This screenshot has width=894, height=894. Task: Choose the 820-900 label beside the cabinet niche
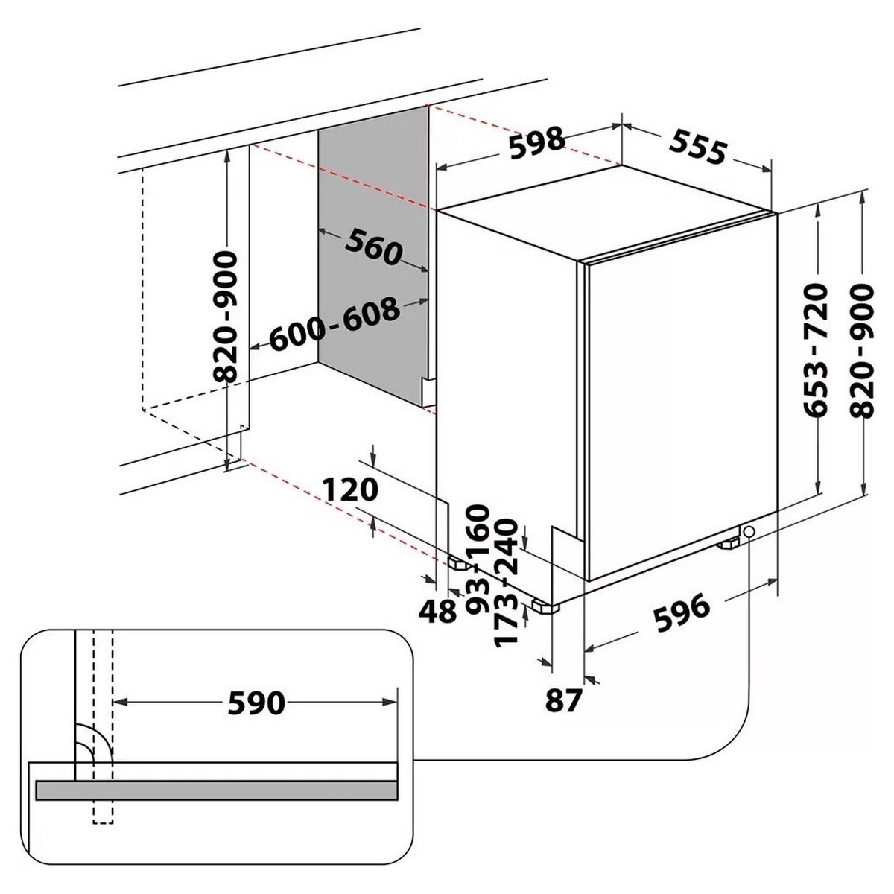click(224, 317)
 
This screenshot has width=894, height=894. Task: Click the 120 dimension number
click(351, 490)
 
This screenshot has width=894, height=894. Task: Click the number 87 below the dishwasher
click(563, 700)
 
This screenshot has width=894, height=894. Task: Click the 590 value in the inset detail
click(256, 703)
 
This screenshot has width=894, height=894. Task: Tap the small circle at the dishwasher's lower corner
click(748, 532)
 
